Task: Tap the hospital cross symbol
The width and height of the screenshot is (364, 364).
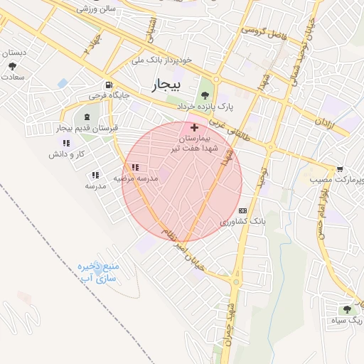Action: tap(194, 127)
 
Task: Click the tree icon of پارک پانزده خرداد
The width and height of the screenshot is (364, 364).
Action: tap(205, 95)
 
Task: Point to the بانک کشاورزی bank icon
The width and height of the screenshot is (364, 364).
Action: tap(243, 210)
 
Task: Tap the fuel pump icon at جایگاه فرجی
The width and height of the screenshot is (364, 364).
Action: tap(108, 82)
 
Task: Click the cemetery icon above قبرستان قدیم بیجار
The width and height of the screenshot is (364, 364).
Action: tap(87, 117)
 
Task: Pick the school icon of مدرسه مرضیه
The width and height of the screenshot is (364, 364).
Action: tap(135, 168)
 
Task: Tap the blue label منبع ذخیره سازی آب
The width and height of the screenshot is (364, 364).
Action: tap(98, 274)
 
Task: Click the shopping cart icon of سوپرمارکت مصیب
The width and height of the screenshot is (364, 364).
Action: tap(340, 169)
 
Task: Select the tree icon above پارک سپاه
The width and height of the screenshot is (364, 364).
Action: tap(347, 309)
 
